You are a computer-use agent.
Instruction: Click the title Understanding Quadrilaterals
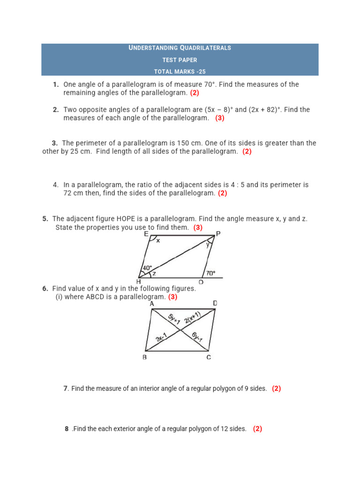pos(180,48)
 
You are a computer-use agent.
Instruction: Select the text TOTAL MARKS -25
pos(180,72)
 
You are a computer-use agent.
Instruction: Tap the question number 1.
pos(56,85)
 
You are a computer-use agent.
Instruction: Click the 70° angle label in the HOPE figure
pos(211,273)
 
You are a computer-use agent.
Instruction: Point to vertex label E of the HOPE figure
pos(146,233)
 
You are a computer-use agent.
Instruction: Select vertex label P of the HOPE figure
pos(218,233)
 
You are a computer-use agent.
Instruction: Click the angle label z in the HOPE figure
pos(154,273)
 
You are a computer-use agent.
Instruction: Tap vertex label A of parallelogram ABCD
pos(152,304)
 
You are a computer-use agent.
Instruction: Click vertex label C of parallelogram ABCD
pos(209,357)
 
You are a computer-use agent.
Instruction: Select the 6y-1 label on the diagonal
pos(197,338)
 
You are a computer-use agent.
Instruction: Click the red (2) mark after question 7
pos(276,389)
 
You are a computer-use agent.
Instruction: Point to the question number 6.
pos(45,289)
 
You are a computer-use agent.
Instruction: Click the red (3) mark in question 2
pos(220,118)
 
